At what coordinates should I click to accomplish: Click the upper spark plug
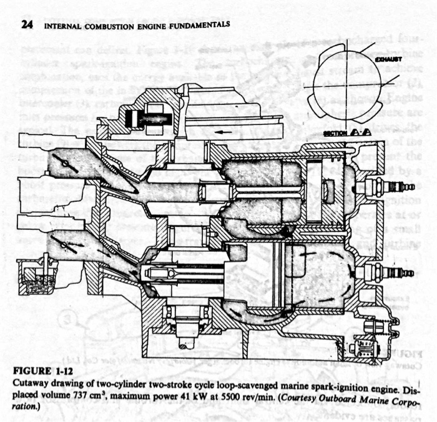393,186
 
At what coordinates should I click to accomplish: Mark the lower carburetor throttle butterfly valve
64,243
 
